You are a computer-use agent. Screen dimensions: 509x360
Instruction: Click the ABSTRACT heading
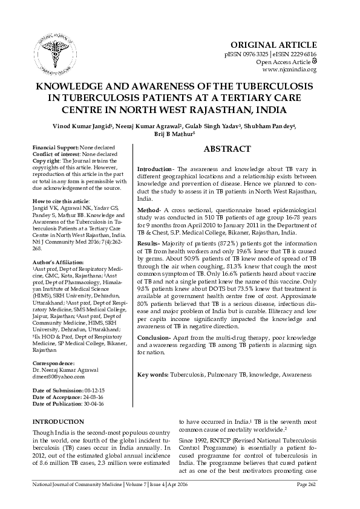point(227,149)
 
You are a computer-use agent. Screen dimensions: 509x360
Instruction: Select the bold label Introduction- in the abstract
point(156,167)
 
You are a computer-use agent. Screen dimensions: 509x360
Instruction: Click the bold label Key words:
point(153,375)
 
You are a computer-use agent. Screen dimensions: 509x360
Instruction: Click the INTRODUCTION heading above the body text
point(58,421)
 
